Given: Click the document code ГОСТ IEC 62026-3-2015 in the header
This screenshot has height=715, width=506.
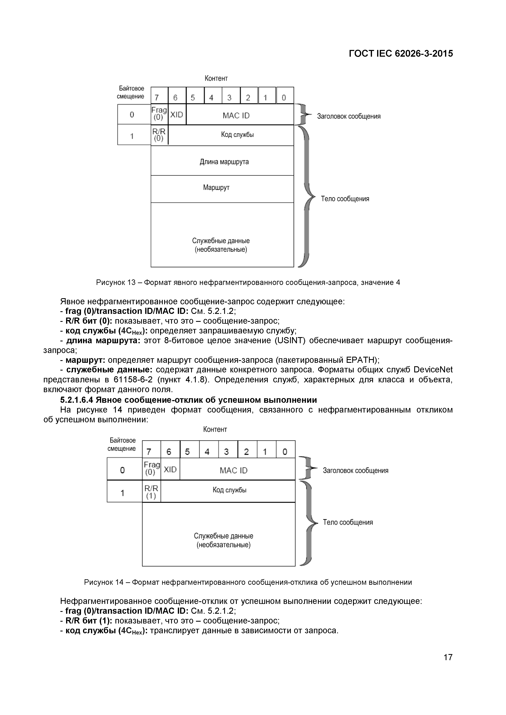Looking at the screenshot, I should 401,54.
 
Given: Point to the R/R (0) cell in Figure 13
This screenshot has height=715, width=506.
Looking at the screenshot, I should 159,135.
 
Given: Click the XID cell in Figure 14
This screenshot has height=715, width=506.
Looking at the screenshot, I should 170,470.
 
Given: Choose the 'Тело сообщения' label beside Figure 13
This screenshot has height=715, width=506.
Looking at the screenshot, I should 345,199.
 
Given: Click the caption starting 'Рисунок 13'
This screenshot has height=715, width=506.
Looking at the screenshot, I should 248,282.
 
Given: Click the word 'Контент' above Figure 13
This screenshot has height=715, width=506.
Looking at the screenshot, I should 216,78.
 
